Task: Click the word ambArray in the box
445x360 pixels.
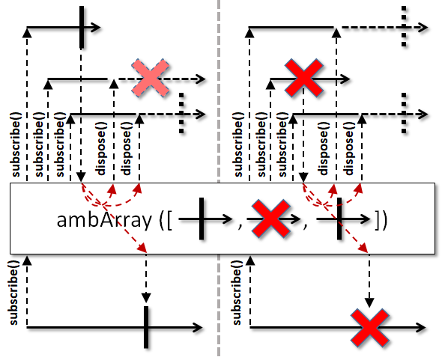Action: [104, 220]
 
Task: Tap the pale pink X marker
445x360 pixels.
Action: [151, 79]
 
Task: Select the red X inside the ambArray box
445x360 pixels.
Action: [271, 219]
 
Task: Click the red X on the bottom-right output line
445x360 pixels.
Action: [369, 328]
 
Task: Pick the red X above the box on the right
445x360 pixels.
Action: [303, 79]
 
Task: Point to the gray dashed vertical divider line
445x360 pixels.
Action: [219, 178]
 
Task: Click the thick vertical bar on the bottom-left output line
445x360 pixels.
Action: [146, 327]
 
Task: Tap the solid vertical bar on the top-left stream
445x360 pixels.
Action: [82, 27]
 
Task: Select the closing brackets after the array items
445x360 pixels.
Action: [381, 220]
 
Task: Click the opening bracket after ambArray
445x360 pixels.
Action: [166, 220]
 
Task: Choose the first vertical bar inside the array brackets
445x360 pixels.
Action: [202, 219]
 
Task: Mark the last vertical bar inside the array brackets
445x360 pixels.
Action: [339, 219]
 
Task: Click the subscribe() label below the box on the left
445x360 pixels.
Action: [13, 293]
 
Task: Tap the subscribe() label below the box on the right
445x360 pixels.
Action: [237, 293]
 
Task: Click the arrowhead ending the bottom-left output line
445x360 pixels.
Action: [197, 328]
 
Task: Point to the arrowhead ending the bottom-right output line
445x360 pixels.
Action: [420, 328]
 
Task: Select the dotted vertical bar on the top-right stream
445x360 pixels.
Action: [404, 26]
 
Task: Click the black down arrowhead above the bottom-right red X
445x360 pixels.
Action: [369, 302]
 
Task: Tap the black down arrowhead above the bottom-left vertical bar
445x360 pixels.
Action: [146, 298]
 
